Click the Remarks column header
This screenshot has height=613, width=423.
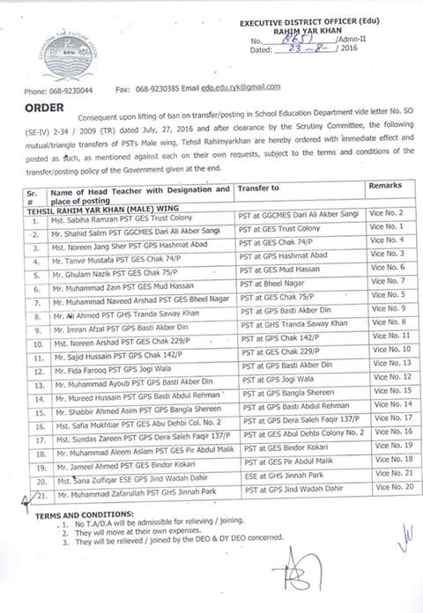pos(386,188)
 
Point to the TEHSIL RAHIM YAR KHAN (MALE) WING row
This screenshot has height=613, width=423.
pos(97,202)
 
